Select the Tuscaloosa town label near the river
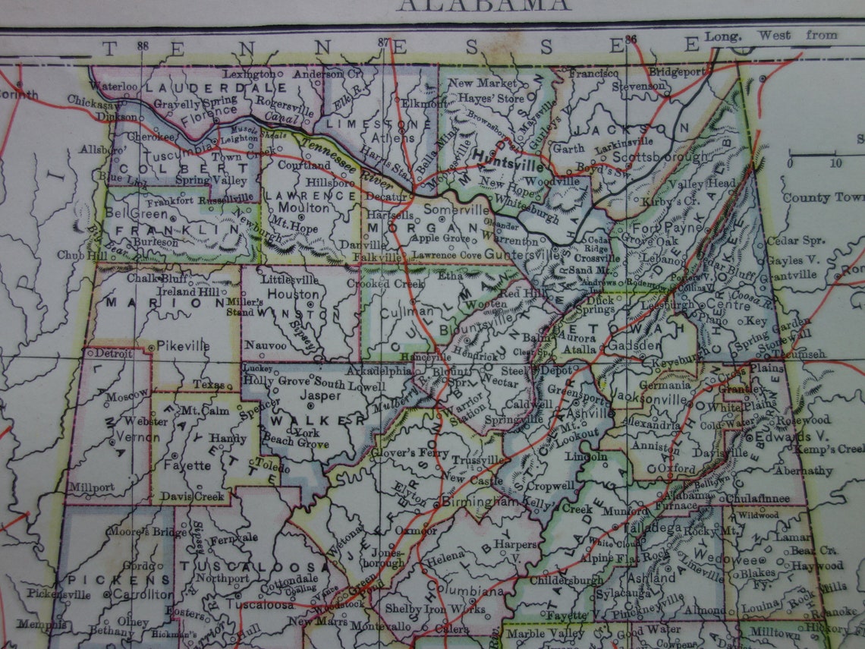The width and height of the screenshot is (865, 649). (259, 605)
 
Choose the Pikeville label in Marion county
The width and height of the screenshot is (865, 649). (184, 346)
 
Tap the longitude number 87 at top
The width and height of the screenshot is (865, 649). (383, 42)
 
